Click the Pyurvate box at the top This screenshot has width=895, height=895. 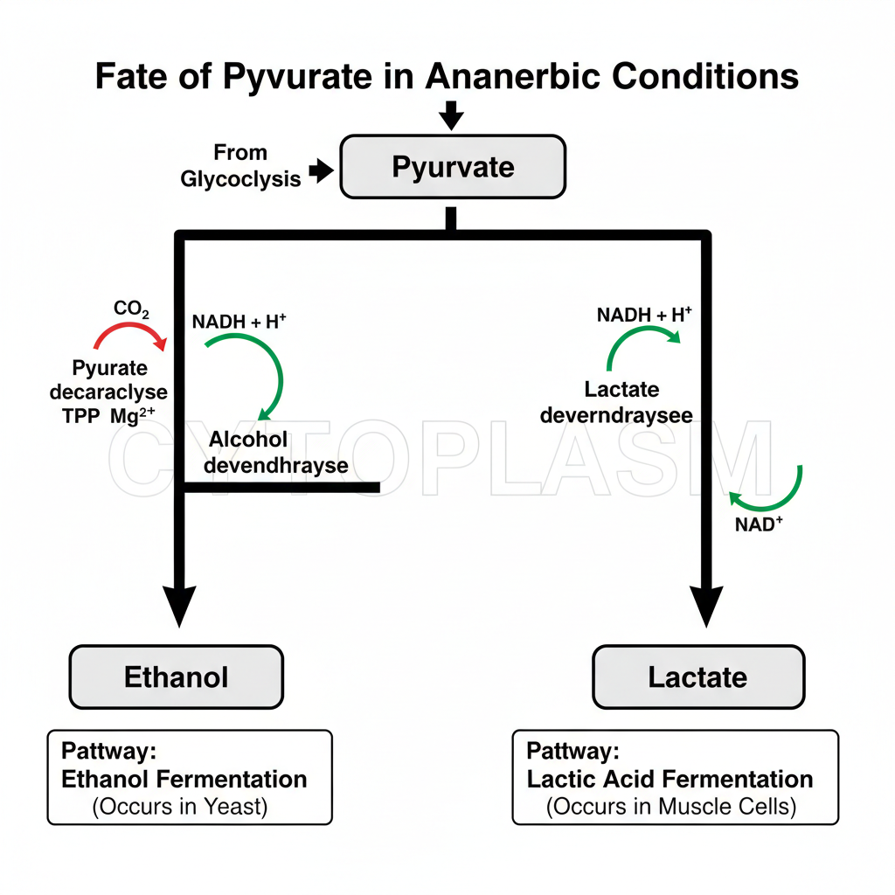[x=452, y=166]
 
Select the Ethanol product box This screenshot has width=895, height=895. [x=176, y=676]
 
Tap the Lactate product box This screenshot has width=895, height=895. [x=697, y=676]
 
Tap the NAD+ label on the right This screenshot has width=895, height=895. [x=760, y=525]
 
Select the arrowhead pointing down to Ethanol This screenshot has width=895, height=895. [x=180, y=603]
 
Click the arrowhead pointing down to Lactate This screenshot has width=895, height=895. [x=705, y=603]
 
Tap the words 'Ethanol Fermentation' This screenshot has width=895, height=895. [x=184, y=779]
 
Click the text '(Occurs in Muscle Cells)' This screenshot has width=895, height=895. [x=671, y=806]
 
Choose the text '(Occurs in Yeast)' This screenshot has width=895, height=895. [x=179, y=806]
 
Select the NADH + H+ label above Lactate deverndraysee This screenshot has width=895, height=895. [x=643, y=315]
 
